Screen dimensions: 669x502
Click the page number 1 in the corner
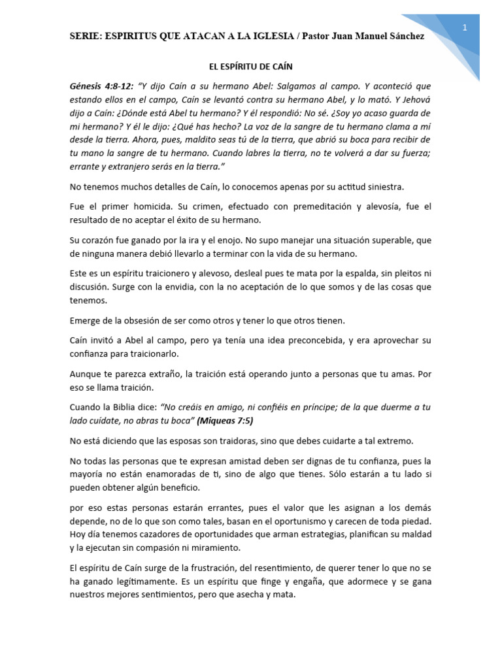464,27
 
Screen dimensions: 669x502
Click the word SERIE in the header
86,37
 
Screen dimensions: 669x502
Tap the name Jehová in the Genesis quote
413,99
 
